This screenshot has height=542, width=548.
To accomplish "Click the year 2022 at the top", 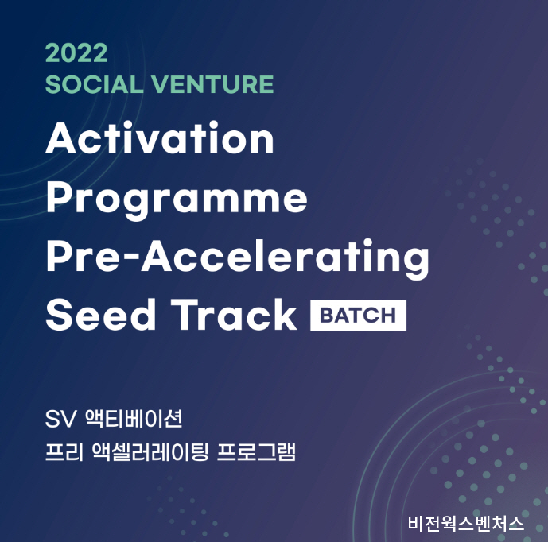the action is click(x=76, y=53).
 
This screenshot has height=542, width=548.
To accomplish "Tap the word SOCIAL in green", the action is click(x=95, y=84).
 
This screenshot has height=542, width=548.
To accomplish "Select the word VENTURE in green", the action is click(x=212, y=84).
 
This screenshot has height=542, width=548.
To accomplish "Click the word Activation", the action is click(x=160, y=137).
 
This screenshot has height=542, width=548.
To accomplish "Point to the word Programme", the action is click(x=177, y=199).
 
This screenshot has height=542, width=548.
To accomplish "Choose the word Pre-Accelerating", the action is click(x=238, y=257).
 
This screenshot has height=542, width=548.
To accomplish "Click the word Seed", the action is click(x=101, y=314).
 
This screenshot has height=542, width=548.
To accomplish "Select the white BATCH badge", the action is click(x=358, y=315).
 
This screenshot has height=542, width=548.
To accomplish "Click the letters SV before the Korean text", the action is click(x=60, y=419).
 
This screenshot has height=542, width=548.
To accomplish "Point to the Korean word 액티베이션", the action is click(x=134, y=418).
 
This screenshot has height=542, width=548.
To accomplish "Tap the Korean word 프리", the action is click(x=64, y=452).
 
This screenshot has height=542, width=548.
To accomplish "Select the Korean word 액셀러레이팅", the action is click(x=150, y=452).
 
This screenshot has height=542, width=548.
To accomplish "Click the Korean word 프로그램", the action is click(x=256, y=452).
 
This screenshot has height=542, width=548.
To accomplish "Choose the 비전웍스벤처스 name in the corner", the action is click(x=466, y=523).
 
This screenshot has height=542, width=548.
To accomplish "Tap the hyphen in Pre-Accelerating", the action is click(x=133, y=260).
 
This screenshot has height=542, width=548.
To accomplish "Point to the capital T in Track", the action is click(x=186, y=314).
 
